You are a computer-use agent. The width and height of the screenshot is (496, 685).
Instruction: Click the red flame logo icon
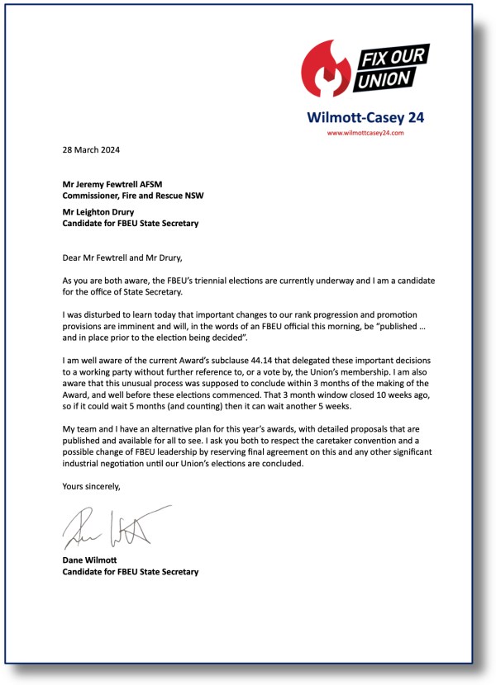327,69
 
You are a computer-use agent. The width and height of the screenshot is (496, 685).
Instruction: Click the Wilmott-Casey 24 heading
365,117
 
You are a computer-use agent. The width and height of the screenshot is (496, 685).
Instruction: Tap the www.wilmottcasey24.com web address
365,132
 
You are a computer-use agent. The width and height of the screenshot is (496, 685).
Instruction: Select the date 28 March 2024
90,150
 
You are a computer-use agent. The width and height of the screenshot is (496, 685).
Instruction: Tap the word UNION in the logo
383,80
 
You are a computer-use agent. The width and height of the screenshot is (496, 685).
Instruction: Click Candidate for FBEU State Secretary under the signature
131,571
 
